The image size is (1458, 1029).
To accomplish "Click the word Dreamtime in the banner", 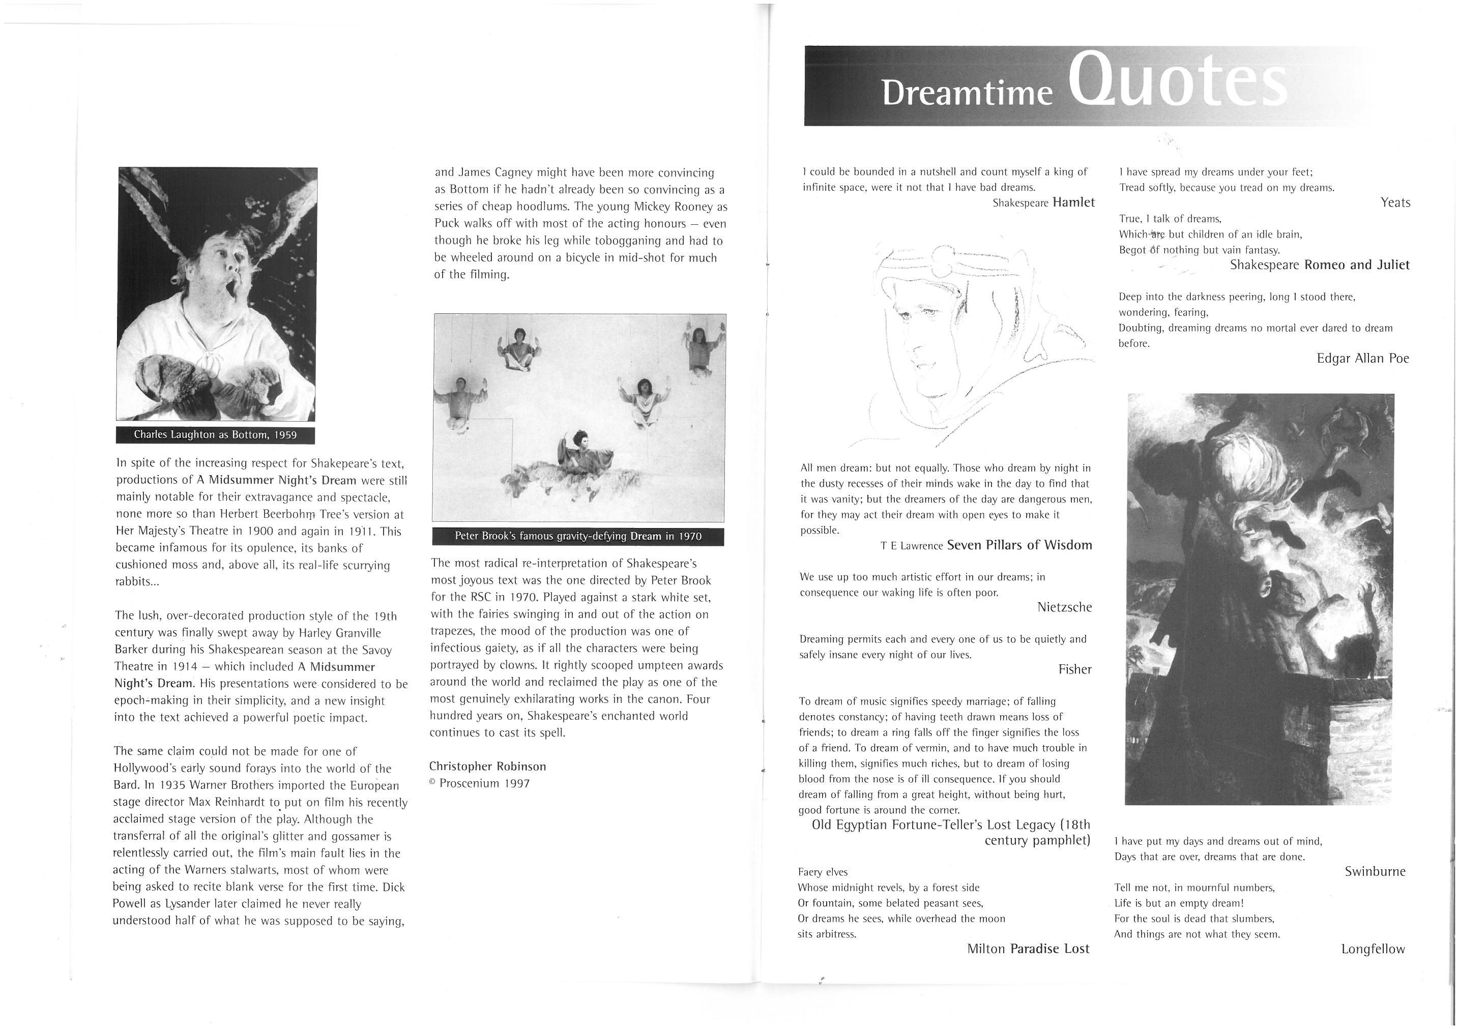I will pos(967,92).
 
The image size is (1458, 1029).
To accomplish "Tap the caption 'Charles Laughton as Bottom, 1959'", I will pos(215,435).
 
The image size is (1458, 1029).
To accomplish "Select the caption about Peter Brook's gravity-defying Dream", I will pos(578,537).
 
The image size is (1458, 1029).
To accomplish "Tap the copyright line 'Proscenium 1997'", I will pos(484,783).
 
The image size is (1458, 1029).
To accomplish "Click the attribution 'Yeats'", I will pos(1395,202).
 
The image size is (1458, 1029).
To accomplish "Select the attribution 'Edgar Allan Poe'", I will pos(1363,358).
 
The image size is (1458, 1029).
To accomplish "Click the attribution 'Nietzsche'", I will pos(1064,607).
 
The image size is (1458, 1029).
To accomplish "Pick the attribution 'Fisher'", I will pos(1075,669).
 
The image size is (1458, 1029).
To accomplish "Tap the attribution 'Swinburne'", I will pos(1375,871).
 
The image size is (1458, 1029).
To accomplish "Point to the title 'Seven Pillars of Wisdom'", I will pos(1019,545).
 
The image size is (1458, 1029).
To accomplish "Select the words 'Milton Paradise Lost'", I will pos(1028,949).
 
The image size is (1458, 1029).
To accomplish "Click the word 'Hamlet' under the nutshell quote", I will pos(1074,202).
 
